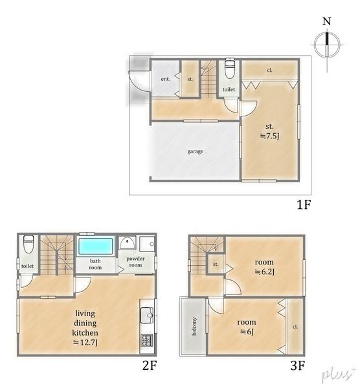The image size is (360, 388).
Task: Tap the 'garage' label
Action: [x=196, y=152]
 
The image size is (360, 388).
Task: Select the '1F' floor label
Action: [x=304, y=206]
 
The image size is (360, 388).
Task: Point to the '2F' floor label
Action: [x=150, y=366]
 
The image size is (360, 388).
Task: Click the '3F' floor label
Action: [x=297, y=366]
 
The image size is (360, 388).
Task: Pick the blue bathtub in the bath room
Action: [x=96, y=246]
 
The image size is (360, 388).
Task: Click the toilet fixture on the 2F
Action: [x=27, y=246]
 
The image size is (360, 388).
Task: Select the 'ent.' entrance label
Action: [x=165, y=79]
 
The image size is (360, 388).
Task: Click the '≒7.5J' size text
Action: [x=269, y=136]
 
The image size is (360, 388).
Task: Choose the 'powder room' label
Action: [x=135, y=262]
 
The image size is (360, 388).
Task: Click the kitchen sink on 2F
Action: [x=146, y=316]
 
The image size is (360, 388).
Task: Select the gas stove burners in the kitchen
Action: [x=146, y=339]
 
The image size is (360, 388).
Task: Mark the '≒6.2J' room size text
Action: [x=264, y=272]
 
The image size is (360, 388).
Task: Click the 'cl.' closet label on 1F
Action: [x=269, y=69]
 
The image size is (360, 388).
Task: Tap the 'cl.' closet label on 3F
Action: [x=295, y=326]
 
